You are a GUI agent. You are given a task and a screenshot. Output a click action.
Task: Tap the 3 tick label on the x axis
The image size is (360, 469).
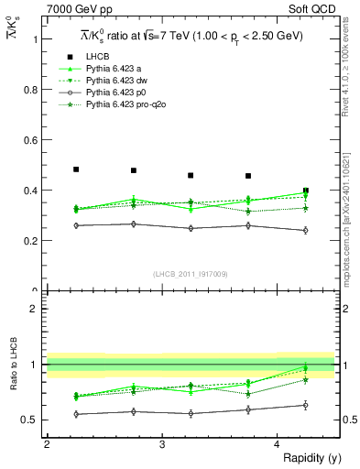pyautogui.click(x=162, y=445)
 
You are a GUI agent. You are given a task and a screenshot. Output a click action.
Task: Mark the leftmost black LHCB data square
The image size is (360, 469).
pyautogui.click(x=76, y=169)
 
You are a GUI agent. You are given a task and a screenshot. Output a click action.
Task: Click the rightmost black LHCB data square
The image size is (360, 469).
pyautogui.click(x=306, y=191)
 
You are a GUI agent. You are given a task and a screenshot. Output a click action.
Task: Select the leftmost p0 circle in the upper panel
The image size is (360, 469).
pyautogui.click(x=76, y=225)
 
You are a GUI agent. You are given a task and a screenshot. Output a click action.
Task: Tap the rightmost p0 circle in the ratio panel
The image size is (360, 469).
pyautogui.click(x=306, y=405)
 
